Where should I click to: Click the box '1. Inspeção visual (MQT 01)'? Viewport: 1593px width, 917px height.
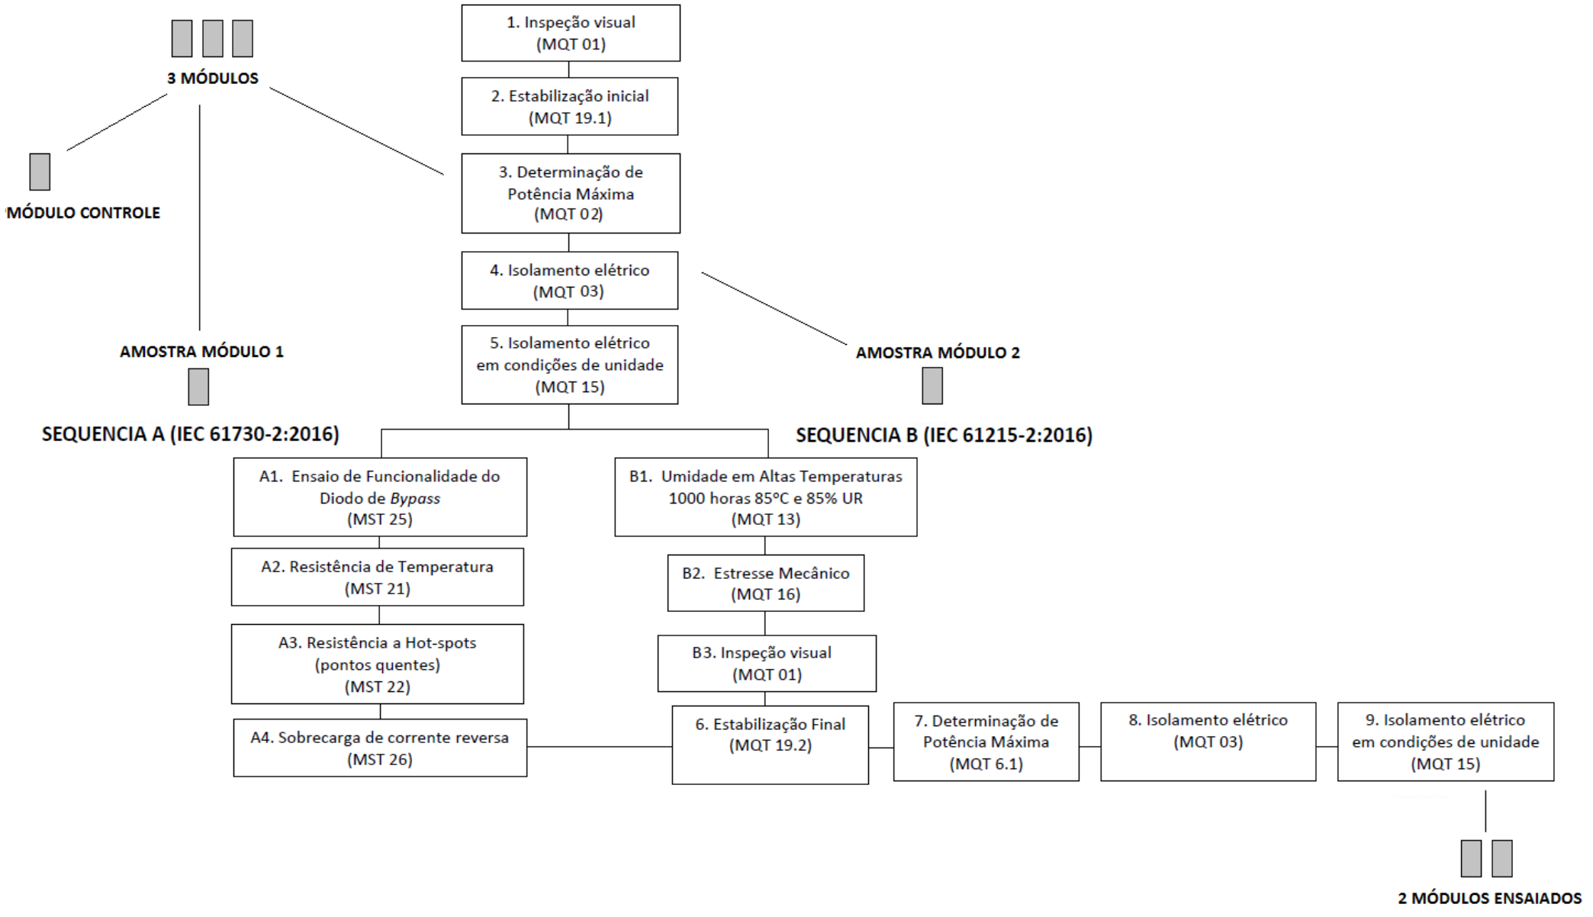571,33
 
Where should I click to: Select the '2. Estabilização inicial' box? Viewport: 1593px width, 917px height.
570,106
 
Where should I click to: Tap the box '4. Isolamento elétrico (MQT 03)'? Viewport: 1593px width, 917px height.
570,280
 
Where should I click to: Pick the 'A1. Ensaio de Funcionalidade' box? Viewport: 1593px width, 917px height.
380,497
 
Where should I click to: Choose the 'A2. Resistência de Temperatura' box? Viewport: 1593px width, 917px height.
378,577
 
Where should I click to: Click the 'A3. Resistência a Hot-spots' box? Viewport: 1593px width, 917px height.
378,664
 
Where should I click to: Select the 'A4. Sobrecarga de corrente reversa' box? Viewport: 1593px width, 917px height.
380,748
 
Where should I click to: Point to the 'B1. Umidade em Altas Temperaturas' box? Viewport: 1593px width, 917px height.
766,497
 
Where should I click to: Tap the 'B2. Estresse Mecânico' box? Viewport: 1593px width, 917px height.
766,583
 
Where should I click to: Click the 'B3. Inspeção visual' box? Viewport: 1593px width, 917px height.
767,663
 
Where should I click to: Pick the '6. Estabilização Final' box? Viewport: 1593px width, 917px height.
771,745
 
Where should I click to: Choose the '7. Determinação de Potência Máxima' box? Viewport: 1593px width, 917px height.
986,742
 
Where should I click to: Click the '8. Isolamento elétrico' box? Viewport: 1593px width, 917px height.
1208,742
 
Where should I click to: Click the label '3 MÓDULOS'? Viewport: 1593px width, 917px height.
213,78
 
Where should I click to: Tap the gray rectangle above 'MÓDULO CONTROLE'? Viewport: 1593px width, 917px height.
40,172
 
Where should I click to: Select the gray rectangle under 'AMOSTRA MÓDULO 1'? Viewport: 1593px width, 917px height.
198,387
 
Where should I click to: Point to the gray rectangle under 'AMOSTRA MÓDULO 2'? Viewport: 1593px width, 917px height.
932,385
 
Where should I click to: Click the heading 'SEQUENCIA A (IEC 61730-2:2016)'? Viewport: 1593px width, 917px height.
191,434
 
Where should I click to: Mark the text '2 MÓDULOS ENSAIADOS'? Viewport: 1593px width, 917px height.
1490,898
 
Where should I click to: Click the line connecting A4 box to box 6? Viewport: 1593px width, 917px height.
600,746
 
